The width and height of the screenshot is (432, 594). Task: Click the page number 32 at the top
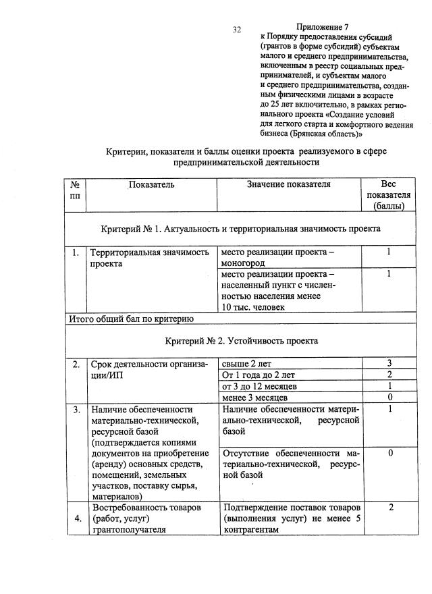[x=237, y=30]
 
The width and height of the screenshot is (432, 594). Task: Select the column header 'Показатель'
[x=152, y=184]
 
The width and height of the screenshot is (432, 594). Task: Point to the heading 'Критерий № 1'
[x=240, y=228]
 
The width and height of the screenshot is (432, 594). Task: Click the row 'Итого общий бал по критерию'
[x=132, y=319]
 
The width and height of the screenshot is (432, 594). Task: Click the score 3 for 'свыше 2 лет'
[x=389, y=364]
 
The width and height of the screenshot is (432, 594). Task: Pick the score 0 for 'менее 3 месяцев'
[x=389, y=397]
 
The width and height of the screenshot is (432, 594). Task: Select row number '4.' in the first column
[x=78, y=518]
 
